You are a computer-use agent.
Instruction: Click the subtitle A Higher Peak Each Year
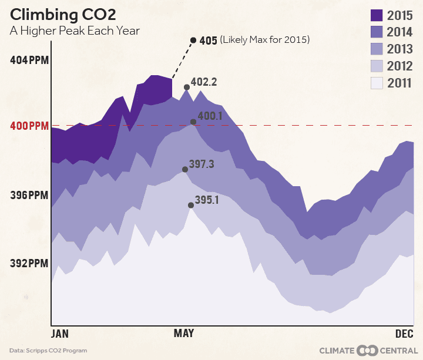[x=75, y=31]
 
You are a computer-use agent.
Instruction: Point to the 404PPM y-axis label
[x=29, y=60]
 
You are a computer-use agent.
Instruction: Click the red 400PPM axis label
[x=29, y=126]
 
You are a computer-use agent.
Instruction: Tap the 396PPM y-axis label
[x=29, y=194]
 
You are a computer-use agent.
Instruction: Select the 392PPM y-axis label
[x=29, y=262]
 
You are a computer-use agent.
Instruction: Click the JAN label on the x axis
[x=60, y=334]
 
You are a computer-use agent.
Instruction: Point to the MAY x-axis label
[x=184, y=334]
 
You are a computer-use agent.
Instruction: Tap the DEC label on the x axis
[x=404, y=334]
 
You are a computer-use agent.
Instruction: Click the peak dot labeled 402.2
[x=187, y=87]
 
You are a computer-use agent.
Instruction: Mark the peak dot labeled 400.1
[x=193, y=122]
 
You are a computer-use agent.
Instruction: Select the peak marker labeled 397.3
[x=185, y=169]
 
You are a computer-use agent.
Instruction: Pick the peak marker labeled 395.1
[x=190, y=205]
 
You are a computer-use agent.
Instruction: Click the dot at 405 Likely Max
[x=193, y=40]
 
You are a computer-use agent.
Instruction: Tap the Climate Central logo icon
[x=367, y=351]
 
